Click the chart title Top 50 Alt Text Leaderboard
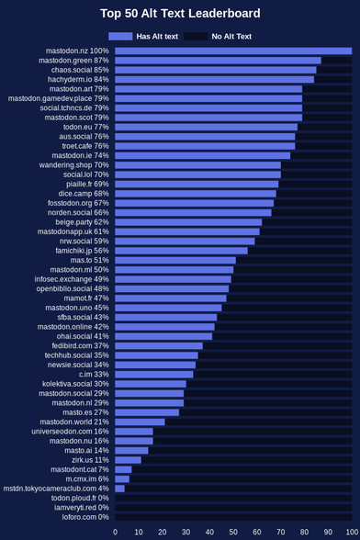point(180,14)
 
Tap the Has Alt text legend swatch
point(120,36)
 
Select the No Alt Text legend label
point(231,36)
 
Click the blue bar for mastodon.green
point(218,61)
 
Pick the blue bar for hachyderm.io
point(215,80)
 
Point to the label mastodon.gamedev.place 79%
point(58,98)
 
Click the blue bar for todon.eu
point(207,127)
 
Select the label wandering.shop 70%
point(73,165)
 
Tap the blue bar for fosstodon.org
point(195,203)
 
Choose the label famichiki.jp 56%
point(82,251)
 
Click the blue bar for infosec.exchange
point(173,279)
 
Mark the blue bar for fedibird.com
point(159,345)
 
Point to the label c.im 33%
point(94,375)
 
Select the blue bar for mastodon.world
point(140,422)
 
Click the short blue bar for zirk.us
point(129,460)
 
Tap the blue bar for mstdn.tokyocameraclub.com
point(120,489)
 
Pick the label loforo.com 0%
point(85,517)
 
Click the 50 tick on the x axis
point(233,532)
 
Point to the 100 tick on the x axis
point(352,532)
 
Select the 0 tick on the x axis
point(115,532)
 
